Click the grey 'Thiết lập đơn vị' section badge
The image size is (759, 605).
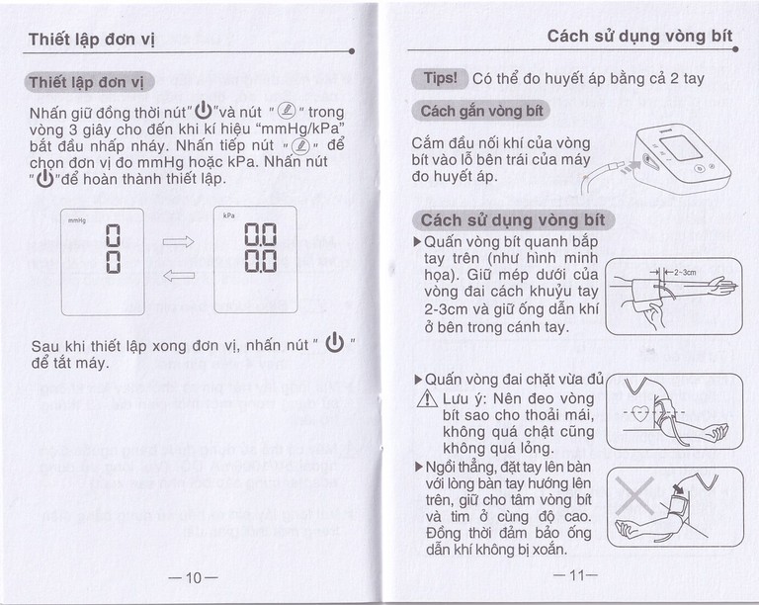pos(88,82)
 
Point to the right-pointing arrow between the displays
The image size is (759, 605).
pos(178,239)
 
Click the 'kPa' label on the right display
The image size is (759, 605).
pos(228,215)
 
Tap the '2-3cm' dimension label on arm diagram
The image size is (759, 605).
pos(684,272)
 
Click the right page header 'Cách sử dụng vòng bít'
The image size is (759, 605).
pos(639,36)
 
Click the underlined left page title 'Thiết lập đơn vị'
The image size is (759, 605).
pos(91,40)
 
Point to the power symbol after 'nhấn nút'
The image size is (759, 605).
pos(333,344)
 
